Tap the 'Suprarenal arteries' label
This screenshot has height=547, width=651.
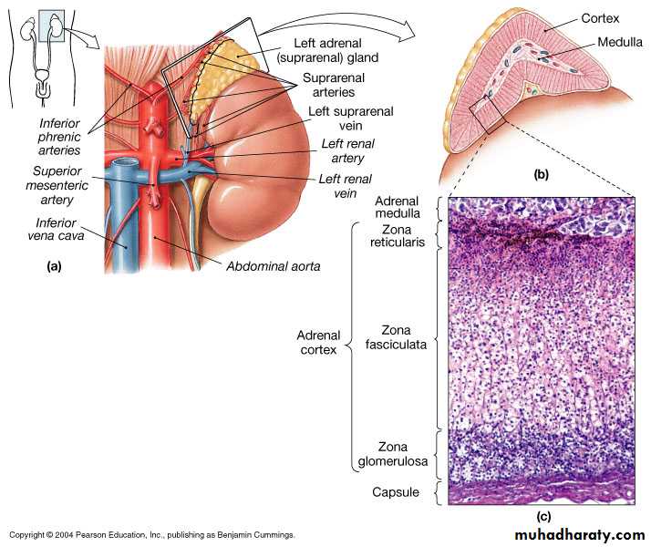point(329,85)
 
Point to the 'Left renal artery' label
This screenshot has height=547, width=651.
point(347,151)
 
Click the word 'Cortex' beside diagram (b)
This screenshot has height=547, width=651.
point(600,18)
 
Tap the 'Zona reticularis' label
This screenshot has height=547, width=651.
point(403,237)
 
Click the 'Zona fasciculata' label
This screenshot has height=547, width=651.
point(403,336)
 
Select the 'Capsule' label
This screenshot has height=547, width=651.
point(396,492)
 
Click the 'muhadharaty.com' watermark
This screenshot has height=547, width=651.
point(579,534)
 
